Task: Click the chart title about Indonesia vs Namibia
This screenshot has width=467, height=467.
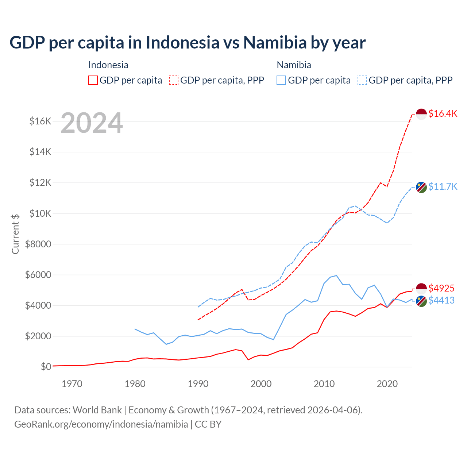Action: pos(188,42)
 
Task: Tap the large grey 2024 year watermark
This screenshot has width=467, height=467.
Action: pos(92,123)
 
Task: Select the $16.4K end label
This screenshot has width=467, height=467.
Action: pos(443,113)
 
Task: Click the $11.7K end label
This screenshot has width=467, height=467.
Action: pos(443,186)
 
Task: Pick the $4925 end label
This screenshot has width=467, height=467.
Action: pos(441,288)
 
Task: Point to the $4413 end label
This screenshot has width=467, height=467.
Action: pos(441,300)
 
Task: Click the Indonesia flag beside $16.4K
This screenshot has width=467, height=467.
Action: pos(421,114)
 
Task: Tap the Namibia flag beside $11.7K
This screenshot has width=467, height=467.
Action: pos(421,187)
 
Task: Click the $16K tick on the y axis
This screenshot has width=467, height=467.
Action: pos(40,121)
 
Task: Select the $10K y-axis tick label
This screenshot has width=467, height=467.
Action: pos(40,213)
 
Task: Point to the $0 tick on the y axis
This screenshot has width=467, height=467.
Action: pos(46,367)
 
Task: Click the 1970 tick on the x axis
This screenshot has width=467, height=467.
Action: pos(72,384)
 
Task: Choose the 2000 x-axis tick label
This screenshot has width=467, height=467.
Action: pos(261,384)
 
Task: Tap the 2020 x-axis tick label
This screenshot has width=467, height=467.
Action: pos(387,384)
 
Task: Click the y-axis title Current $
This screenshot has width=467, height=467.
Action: pos(15,234)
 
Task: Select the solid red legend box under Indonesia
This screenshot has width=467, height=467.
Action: pos(93,80)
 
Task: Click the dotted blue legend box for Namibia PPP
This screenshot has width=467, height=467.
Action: pos(362,80)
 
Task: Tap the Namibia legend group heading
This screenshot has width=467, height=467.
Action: pos(294,65)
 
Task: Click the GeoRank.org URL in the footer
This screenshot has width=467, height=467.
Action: pos(101,424)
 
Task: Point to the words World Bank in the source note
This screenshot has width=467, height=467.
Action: pos(97,410)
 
